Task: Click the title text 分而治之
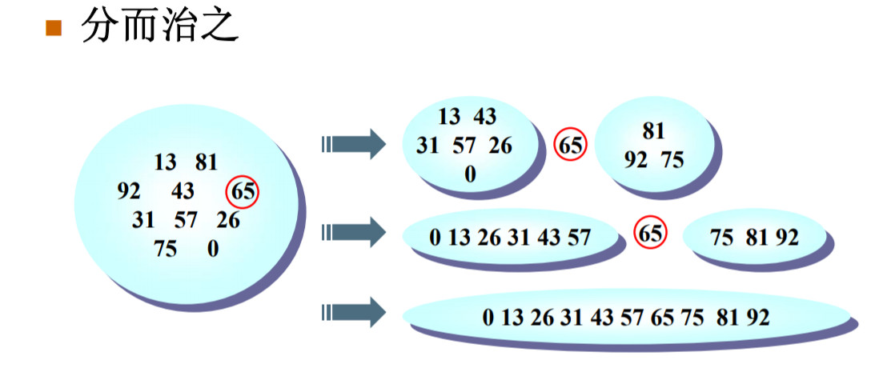tap(159, 27)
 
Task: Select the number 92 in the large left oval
tap(128, 192)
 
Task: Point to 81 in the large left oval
tap(206, 162)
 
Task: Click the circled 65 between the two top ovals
tap(571, 146)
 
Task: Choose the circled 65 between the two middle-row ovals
tap(650, 234)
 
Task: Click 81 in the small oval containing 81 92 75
tap(653, 132)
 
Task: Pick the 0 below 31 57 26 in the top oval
tap(470, 174)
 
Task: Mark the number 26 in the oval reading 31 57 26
tap(500, 146)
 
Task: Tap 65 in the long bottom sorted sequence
tap(662, 318)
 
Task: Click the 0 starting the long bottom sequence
tap(488, 318)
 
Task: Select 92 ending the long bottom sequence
tap(757, 318)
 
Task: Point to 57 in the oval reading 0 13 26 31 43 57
tap(579, 237)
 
